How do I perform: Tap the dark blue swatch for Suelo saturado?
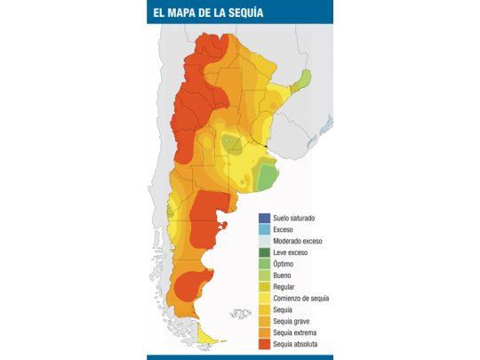coord(264,218)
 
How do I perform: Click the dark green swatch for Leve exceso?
coord(264,252)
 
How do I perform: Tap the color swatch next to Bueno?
coord(264,276)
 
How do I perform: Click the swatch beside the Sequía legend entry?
coord(264,309)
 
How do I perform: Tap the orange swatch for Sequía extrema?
coord(264,332)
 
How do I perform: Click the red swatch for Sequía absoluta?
coord(264,344)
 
